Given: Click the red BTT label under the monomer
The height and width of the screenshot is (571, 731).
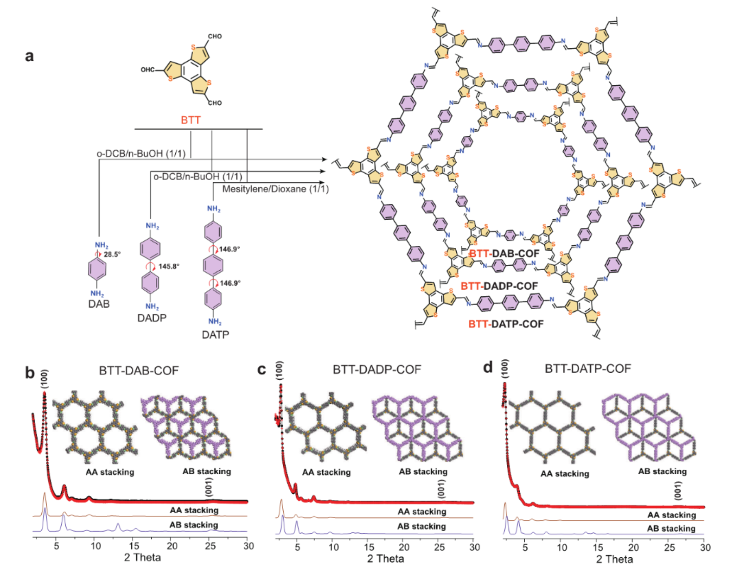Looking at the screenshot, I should pos(190,120).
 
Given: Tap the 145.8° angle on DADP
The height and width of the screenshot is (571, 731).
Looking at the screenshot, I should pos(169,267).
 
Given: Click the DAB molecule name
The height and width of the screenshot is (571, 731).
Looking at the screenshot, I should pos(99,304).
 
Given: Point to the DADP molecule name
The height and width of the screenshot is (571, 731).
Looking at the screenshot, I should pos(152,318).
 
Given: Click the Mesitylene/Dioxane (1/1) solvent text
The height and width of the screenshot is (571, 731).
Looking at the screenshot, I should pos(275,189).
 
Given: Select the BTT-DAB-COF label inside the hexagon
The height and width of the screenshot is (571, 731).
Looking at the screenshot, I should pos(504,253).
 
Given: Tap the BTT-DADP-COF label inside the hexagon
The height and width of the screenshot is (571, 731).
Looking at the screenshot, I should pos(499,286).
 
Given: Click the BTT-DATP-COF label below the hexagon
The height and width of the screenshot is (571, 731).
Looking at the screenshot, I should pos(506,324).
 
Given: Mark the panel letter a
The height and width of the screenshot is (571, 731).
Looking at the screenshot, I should pos(29,56).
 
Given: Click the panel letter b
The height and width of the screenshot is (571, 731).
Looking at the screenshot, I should pos(29,373).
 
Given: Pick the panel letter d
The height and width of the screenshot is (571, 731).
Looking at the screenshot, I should pos(488,368).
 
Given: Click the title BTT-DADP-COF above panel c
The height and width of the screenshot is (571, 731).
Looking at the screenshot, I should pos(377,369).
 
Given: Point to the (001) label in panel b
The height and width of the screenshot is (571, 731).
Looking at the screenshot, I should pos(209,487).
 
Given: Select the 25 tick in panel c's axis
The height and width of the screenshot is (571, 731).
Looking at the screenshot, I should pos(439,547).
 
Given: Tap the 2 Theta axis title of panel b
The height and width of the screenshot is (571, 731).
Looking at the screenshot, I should pos(142,557).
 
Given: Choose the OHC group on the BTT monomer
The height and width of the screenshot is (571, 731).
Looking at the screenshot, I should pos(148,70).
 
